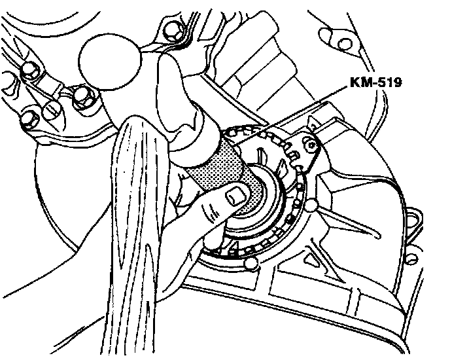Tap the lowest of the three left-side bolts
pyautogui.click(x=29, y=118)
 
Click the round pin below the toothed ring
pyautogui.click(x=249, y=264)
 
